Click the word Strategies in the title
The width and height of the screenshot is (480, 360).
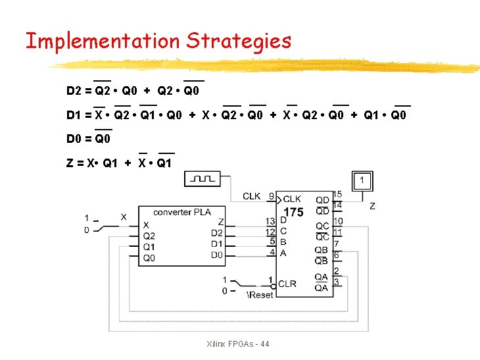tap(238, 41)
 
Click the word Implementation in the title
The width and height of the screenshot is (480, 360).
tap(102, 41)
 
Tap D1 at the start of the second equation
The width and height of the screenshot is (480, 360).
tap(74, 115)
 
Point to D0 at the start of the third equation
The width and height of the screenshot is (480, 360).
tap(74, 139)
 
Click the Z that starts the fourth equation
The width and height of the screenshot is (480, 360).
tap(70, 163)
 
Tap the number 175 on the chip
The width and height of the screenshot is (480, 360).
tap(293, 213)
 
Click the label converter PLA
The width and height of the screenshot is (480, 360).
tap(181, 212)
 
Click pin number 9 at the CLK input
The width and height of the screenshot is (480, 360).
tap(271, 196)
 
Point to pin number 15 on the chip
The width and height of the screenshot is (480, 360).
tap(337, 194)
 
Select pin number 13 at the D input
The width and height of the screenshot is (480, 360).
tap(270, 222)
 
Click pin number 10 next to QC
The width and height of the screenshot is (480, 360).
tap(337, 222)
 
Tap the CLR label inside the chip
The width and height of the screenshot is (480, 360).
tap(287, 284)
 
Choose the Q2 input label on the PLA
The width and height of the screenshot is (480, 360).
tap(149, 236)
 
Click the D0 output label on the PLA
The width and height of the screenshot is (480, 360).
tap(216, 255)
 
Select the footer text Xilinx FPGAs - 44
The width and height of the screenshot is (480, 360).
tap(237, 344)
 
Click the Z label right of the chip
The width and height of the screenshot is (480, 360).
tap(373, 206)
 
